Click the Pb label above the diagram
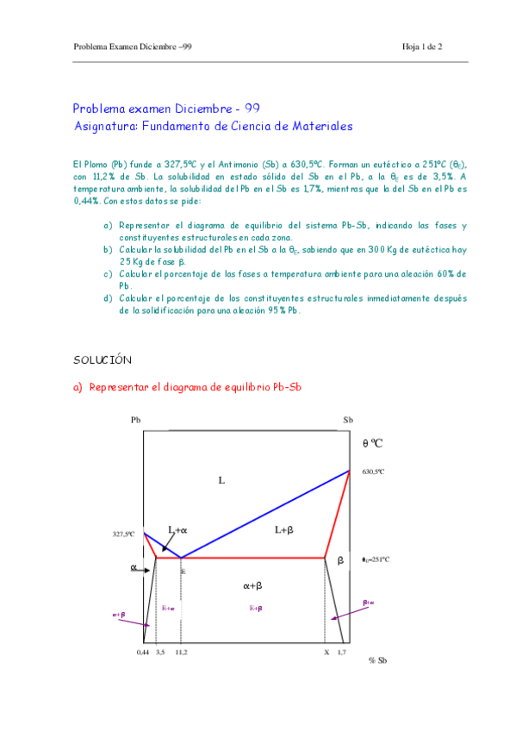point(135,420)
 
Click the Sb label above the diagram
point(348,420)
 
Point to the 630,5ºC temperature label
point(373,472)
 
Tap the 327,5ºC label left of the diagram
point(124,534)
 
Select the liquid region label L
point(221,479)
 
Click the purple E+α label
point(168,608)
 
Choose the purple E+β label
point(256,608)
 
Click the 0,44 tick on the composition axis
point(143,652)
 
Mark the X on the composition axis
point(326,652)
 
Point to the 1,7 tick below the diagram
point(341,652)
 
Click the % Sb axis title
point(376,660)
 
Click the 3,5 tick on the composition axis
point(160,652)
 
